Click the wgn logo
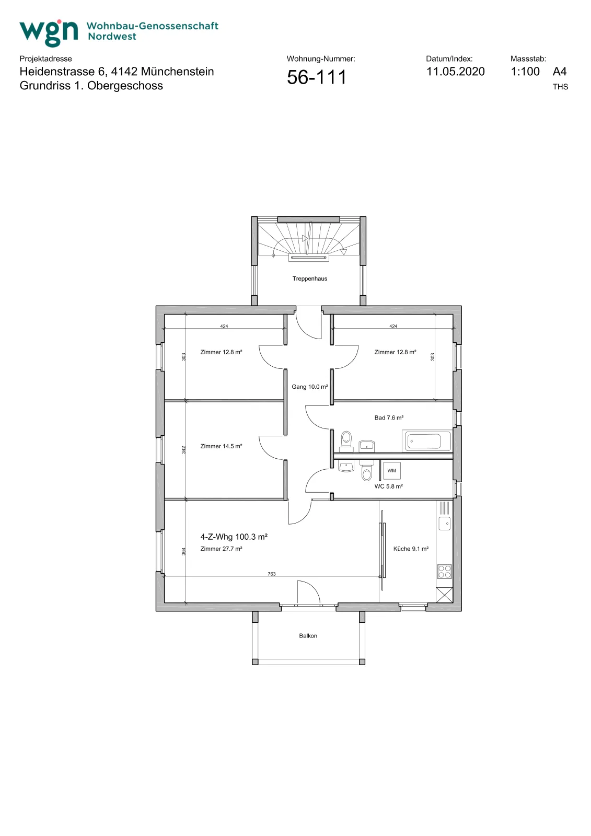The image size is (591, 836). (x=49, y=33)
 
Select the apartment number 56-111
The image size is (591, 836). (x=317, y=77)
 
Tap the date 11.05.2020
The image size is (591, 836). (x=456, y=71)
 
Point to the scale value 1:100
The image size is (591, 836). (x=525, y=71)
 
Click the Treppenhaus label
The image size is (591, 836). (x=309, y=278)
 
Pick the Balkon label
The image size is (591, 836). (x=308, y=635)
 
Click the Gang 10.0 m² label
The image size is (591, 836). (x=309, y=387)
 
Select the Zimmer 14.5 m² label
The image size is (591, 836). (x=221, y=446)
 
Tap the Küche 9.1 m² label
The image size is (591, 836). (x=411, y=549)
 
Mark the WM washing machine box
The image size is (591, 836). (x=391, y=471)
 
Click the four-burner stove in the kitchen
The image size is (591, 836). (x=444, y=572)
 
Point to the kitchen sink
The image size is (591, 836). (x=444, y=523)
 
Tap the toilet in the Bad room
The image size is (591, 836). (x=346, y=440)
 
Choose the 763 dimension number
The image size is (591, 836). (x=271, y=574)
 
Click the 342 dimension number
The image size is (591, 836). (x=183, y=450)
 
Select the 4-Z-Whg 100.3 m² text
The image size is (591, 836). (x=234, y=537)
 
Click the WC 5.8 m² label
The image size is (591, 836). (x=388, y=486)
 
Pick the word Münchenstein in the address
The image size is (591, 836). (x=177, y=71)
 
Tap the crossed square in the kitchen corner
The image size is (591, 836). (x=444, y=595)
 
